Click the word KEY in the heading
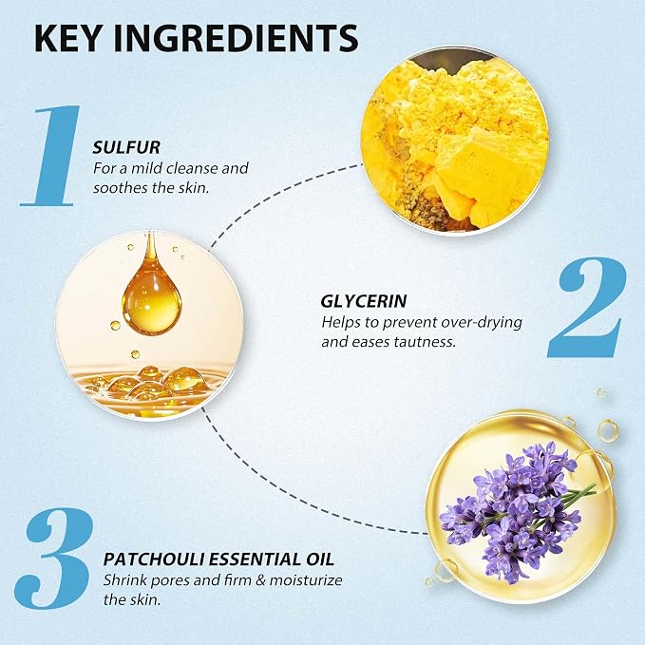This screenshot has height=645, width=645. coord(67,38)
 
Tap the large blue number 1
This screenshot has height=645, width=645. coord(51,156)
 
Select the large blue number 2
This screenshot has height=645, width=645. coord(587,307)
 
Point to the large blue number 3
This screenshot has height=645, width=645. coord(53,559)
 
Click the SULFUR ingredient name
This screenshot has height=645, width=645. coord(126,147)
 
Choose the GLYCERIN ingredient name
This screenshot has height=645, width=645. coord(364,301)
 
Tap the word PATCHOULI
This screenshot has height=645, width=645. coord(154,560)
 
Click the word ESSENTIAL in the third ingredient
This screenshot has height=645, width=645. coord(255,560)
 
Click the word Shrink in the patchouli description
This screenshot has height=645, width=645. coord(125,580)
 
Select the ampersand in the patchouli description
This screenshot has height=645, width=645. coord(260,580)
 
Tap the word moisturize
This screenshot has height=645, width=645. coord(306,580)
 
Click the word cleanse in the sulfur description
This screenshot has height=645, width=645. coord(192,168)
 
